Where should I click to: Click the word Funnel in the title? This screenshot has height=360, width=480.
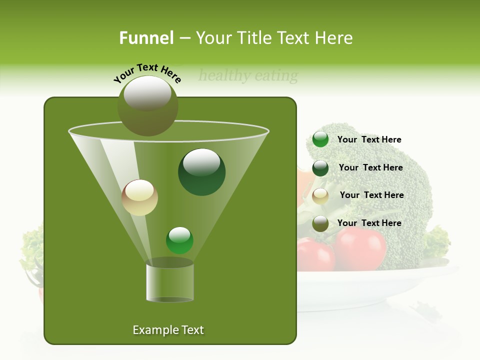(x=146, y=38)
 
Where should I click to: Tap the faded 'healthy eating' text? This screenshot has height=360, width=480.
(x=248, y=76)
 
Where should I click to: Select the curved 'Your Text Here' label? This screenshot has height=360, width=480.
(x=147, y=73)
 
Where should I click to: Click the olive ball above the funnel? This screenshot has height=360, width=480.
(x=147, y=105)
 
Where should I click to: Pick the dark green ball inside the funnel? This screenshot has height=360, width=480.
(x=201, y=172)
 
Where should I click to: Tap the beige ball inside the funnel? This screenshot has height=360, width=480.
(x=139, y=197)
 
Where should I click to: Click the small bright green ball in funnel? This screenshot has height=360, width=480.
(x=179, y=240)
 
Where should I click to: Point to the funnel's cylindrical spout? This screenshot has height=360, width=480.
(x=169, y=282)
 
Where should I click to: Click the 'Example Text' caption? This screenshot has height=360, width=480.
(x=168, y=330)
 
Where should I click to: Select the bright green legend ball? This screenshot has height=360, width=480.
(x=320, y=139)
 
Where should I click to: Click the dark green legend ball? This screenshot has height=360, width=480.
(x=320, y=168)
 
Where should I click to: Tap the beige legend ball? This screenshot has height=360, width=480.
(x=320, y=195)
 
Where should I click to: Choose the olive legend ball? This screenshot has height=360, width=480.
(x=320, y=223)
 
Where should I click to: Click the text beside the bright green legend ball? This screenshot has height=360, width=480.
(x=369, y=139)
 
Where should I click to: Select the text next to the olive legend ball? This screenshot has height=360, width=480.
(x=369, y=223)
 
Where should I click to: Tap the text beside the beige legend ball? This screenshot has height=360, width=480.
(x=371, y=195)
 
